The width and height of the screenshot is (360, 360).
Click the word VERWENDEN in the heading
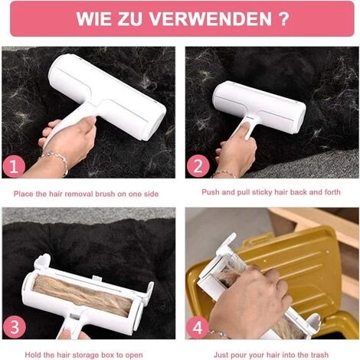click(211, 18)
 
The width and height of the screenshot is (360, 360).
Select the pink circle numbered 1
click(14, 166)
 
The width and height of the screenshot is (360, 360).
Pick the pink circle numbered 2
click(198, 166)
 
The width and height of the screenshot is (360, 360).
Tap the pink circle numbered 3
click(15, 327)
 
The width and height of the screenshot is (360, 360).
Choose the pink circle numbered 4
click(198, 327)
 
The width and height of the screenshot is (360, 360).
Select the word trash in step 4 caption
click(320, 355)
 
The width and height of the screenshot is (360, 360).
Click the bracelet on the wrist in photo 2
click(224, 174)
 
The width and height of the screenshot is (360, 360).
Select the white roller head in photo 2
click(259, 106)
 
